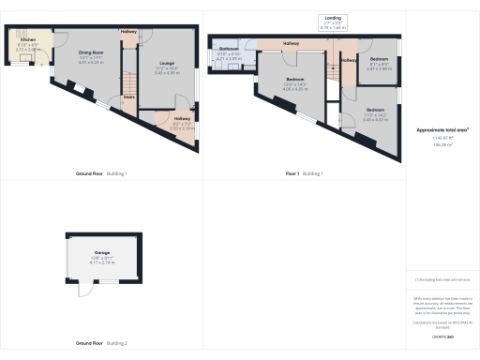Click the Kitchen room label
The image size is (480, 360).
tap(26, 40)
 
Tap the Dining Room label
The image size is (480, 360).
tap(89, 55)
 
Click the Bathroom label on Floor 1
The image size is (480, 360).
tap(229, 49)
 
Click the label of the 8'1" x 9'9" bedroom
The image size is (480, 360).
tap(378, 59)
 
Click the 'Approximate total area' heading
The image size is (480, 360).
tap(442, 128)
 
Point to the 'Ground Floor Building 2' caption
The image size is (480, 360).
tap(100, 343)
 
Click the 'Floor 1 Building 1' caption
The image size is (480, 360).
tap(304, 173)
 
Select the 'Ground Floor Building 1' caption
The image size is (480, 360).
tap(100, 173)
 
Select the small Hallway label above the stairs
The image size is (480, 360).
tap(129, 32)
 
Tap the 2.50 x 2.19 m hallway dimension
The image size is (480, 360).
tap(182, 128)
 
